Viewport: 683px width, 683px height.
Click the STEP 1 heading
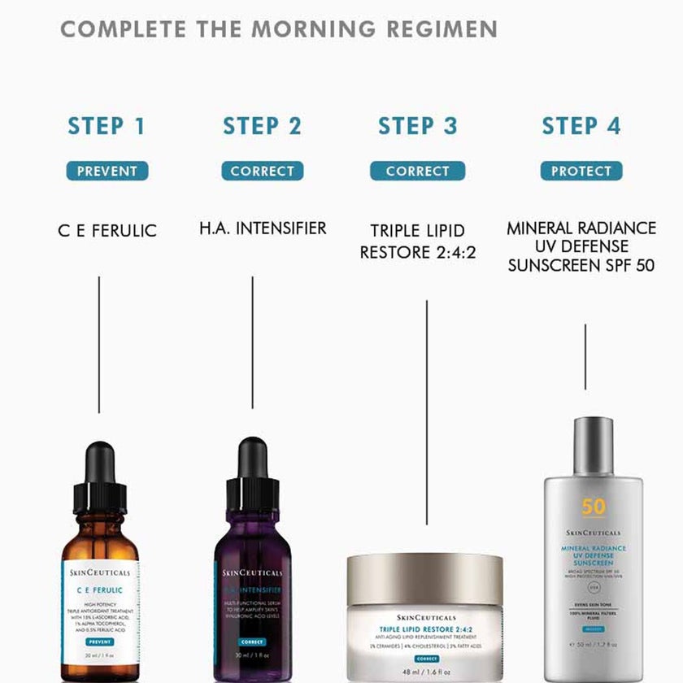tap(107, 126)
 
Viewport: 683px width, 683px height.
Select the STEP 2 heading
tap(262, 126)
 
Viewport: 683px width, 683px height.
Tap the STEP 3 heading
tap(417, 126)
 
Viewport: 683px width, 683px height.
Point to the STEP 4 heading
tap(581, 126)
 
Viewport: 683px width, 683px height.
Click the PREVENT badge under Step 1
tap(107, 171)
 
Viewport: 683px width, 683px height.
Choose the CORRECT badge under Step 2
tap(262, 171)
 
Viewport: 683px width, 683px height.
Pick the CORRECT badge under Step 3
tap(417, 171)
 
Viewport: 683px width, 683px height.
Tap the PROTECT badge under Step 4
tap(581, 171)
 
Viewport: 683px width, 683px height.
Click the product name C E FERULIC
tap(107, 231)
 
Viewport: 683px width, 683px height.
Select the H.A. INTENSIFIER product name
tap(263, 228)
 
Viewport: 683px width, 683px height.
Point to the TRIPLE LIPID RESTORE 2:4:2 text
tap(418, 241)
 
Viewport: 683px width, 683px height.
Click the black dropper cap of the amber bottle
tap(100, 480)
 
